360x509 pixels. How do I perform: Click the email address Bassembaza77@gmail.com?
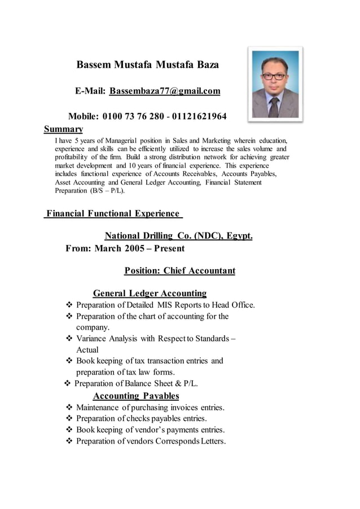coord(165,91)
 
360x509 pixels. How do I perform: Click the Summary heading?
coord(64,129)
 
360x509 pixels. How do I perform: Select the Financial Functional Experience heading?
coord(113,214)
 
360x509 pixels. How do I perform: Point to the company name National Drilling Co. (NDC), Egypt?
coord(179,236)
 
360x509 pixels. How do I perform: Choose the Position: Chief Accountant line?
coord(179,271)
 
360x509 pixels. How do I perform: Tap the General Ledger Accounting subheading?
coord(150,293)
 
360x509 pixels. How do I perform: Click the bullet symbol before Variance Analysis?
coord(69,339)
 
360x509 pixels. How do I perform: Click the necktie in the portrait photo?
coord(274,106)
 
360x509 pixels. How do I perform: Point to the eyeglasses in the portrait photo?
coord(274,76)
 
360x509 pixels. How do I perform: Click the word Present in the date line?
coord(165,248)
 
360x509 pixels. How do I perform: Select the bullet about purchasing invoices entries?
coord(150,407)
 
